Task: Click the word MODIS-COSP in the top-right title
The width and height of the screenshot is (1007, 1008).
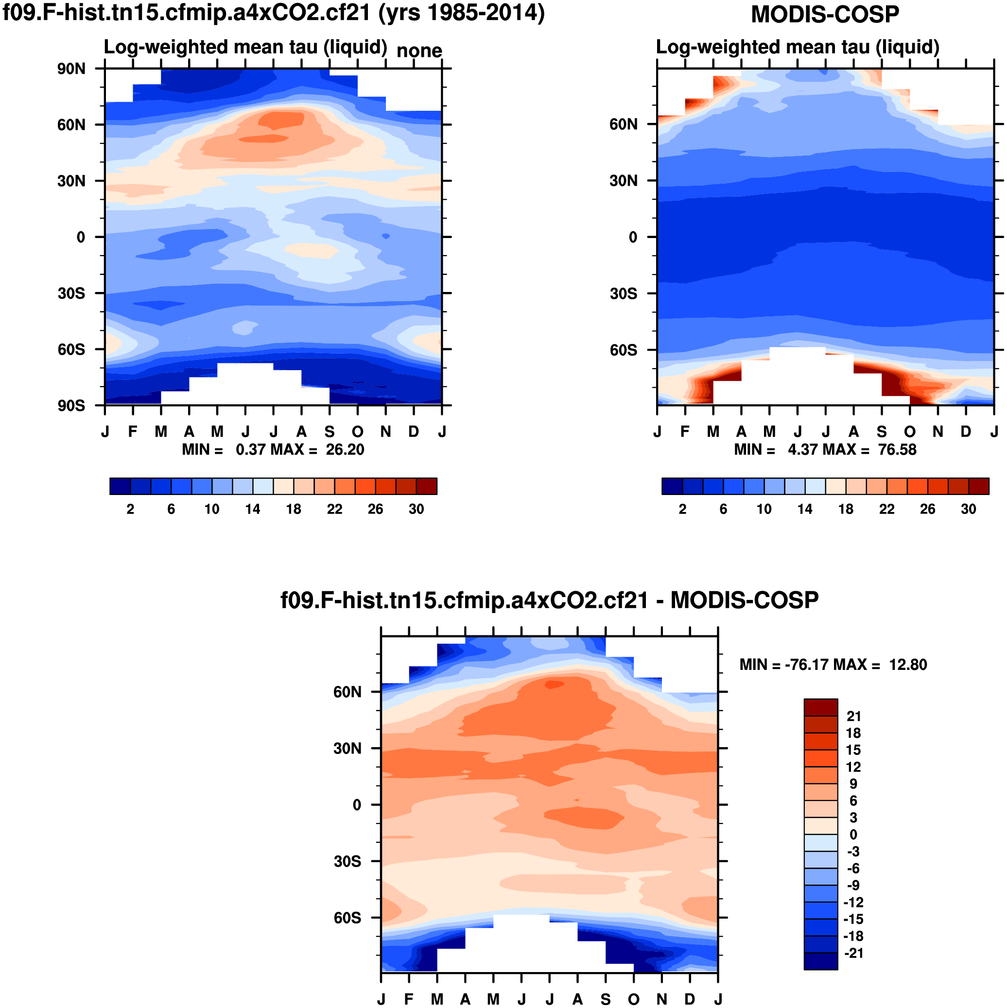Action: tap(825, 15)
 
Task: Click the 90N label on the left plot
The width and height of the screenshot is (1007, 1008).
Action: tap(71, 69)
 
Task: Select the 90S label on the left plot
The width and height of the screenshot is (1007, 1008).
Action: tap(71, 406)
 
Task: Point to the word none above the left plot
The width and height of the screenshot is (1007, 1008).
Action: tap(419, 51)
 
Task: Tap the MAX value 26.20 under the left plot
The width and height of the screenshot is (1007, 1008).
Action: tap(345, 450)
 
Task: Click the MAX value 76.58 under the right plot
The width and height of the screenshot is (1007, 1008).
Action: tap(897, 450)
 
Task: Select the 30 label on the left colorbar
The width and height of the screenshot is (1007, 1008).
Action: tap(416, 509)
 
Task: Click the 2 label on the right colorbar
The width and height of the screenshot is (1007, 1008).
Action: tap(682, 509)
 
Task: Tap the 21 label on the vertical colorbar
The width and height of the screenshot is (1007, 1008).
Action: tap(853, 717)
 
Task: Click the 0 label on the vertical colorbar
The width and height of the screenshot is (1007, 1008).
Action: tap(853, 835)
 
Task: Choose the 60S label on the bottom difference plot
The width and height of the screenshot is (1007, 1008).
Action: tap(347, 918)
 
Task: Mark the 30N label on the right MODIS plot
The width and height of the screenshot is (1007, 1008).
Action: tap(624, 181)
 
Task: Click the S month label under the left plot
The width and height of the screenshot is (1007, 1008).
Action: tap(330, 432)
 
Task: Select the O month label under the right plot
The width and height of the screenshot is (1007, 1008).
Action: tap(909, 432)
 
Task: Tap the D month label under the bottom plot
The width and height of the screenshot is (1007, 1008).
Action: tap(690, 999)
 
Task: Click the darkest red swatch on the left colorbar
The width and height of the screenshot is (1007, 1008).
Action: tap(427, 486)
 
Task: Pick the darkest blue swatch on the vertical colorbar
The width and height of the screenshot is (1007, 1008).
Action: tap(821, 961)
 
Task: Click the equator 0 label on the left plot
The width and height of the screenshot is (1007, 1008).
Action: tap(81, 238)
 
